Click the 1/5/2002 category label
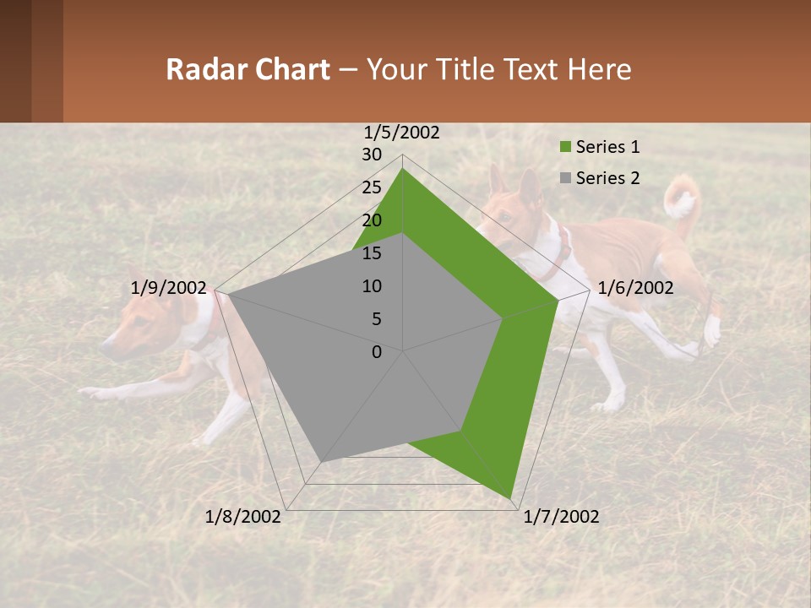[402, 132]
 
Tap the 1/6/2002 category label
[635, 288]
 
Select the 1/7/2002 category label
[562, 517]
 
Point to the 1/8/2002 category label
[243, 517]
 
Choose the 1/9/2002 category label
[169, 288]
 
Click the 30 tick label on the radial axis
[372, 155]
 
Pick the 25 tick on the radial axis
[372, 187]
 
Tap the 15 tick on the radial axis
[372, 253]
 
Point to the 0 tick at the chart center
[377, 352]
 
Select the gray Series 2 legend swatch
[566, 178]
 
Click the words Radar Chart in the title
[248, 69]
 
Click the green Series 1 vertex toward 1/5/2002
[403, 169]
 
